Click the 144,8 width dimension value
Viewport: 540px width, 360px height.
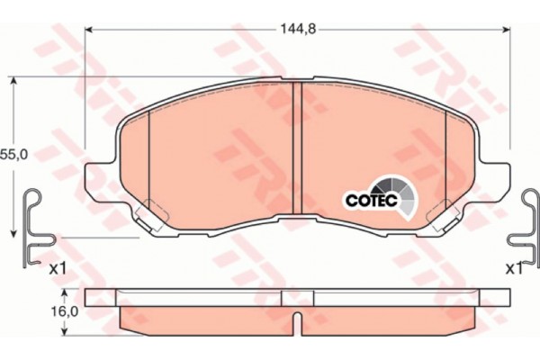[x=298, y=30]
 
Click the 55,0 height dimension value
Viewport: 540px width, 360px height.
[x=13, y=154]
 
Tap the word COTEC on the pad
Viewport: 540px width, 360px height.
[x=372, y=200]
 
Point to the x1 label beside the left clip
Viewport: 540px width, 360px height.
[x=58, y=269]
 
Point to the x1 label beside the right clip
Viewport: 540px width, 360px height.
[x=514, y=269]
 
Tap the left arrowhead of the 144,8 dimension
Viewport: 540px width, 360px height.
[x=89, y=30]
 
